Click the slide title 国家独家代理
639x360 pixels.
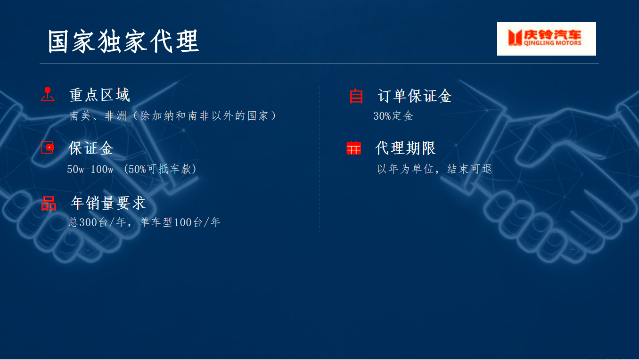coord(123,41)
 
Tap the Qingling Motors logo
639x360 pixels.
coord(546,39)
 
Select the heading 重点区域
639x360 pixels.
coord(99,95)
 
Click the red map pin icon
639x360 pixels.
coord(47,94)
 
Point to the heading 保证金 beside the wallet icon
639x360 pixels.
coord(91,148)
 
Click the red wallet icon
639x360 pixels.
coord(47,147)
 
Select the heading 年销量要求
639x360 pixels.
coord(108,203)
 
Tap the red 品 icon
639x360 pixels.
coord(49,204)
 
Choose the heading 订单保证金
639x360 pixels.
coord(415,96)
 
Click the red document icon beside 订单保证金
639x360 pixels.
coord(356,96)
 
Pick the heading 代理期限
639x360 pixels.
coord(405,148)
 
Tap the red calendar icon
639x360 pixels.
coord(353,148)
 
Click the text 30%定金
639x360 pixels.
coord(393,116)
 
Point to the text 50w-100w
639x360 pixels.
coord(90,169)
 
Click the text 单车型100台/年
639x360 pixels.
coord(180,222)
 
